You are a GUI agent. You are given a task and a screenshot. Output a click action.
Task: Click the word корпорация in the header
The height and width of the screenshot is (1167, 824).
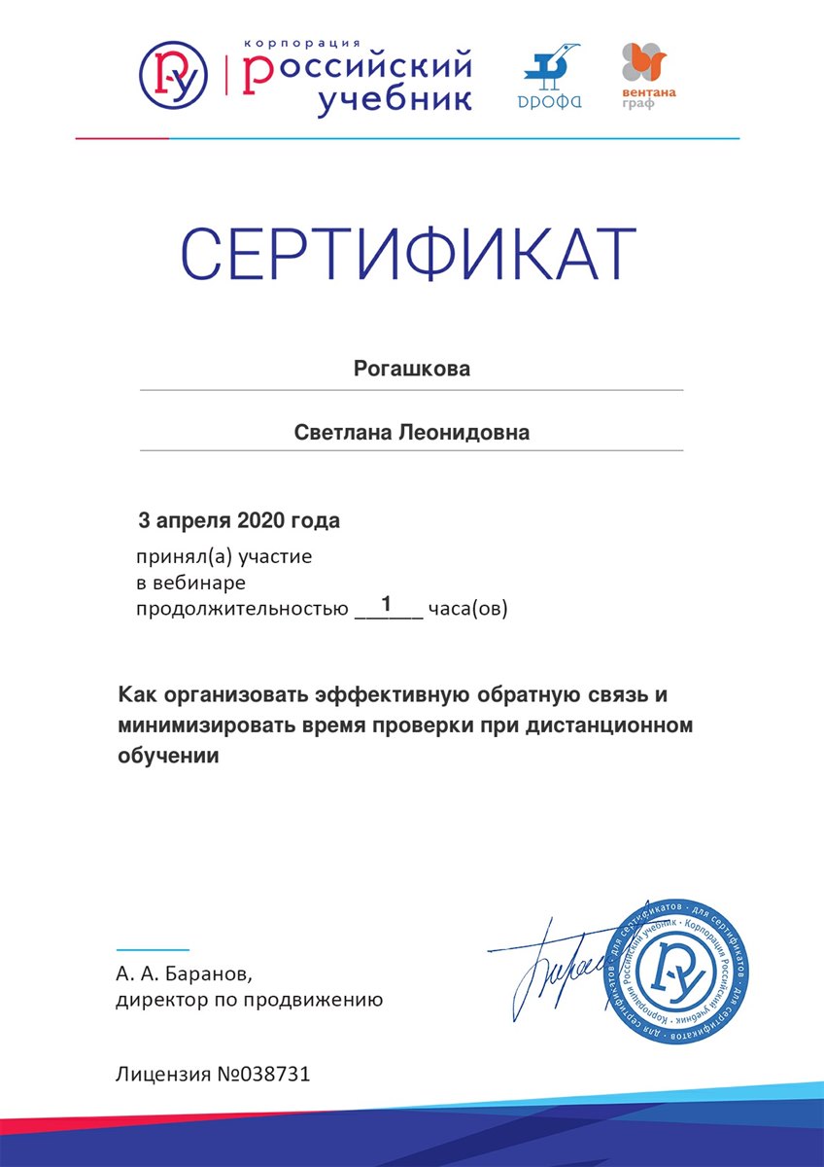click(302, 43)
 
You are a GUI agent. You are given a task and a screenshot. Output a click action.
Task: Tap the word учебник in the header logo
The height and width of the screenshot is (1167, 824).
click(394, 100)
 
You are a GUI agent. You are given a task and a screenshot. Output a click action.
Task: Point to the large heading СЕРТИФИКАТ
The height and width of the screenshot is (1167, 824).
click(409, 255)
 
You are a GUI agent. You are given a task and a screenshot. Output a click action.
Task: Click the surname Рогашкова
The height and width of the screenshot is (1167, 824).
click(412, 370)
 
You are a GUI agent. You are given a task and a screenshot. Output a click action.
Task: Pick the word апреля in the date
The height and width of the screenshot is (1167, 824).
click(192, 520)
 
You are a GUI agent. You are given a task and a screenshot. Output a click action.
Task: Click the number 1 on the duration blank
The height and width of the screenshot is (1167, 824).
click(387, 604)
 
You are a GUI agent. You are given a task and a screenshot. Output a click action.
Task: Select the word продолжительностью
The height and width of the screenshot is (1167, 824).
click(241, 611)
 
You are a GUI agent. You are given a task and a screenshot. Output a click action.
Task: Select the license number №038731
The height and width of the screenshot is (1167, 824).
click(263, 1075)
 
